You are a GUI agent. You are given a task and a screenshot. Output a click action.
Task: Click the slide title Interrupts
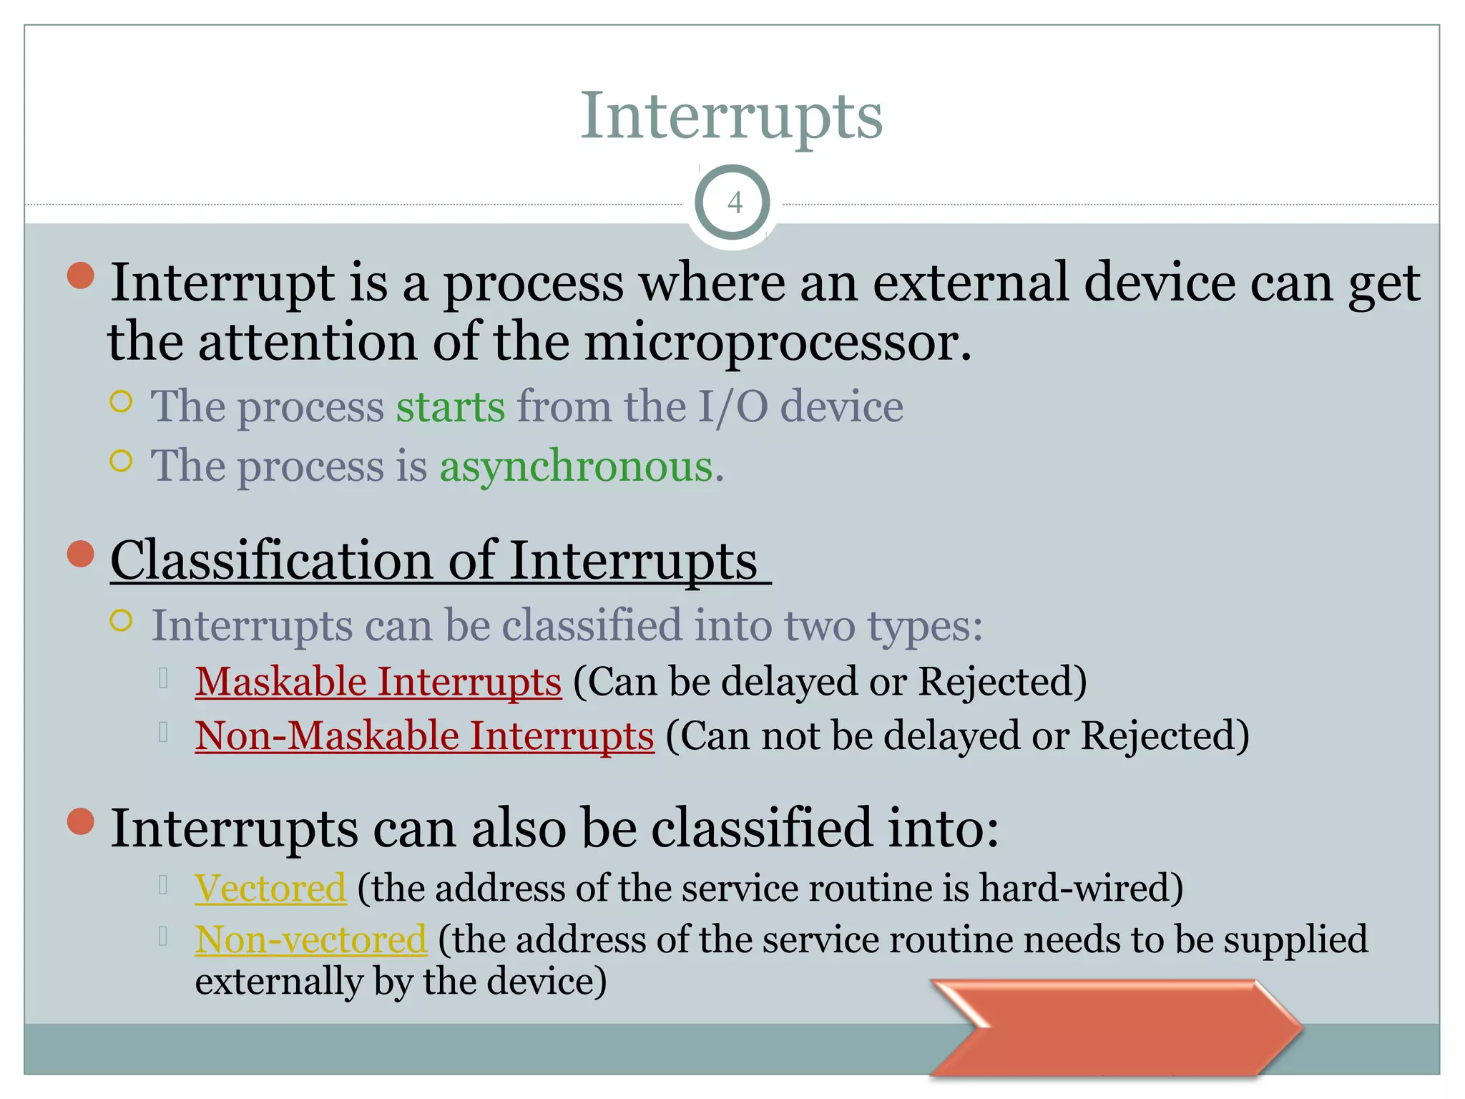click(731, 116)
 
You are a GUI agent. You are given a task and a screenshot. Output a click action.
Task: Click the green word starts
click(450, 407)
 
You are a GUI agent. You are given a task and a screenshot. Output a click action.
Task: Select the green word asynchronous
click(576, 467)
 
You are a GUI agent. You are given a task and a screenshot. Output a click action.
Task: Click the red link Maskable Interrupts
click(378, 681)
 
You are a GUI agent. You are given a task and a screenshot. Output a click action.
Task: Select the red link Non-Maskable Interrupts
click(424, 736)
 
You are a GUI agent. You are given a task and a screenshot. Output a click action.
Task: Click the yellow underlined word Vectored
click(270, 889)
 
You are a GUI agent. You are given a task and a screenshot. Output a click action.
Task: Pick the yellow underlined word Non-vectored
click(310, 940)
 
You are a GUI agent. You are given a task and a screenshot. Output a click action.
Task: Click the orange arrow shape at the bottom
click(1116, 1027)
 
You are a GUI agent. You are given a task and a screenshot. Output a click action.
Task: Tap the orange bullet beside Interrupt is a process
click(81, 276)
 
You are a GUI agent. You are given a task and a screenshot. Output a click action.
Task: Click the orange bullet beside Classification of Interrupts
click(81, 554)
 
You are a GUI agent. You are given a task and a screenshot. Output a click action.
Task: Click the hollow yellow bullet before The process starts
click(122, 402)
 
